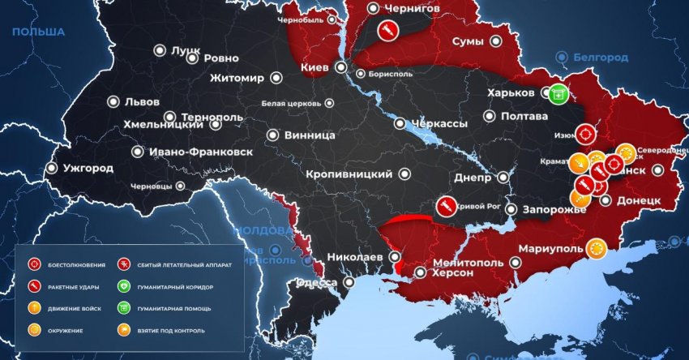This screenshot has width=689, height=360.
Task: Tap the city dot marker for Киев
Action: pyautogui.click(x=341, y=67)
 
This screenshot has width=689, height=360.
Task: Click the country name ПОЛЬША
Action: pyautogui.click(x=37, y=32)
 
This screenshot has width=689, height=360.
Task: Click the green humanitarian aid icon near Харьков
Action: pyautogui.click(x=557, y=94)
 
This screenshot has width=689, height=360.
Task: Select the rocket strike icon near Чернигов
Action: pyautogui.click(x=387, y=31)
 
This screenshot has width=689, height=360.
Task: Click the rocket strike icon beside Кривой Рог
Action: pyautogui.click(x=444, y=207)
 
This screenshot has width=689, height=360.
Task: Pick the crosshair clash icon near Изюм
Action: pyautogui.click(x=586, y=135)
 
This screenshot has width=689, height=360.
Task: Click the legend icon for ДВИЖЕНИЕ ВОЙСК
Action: pyautogui.click(x=34, y=308)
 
